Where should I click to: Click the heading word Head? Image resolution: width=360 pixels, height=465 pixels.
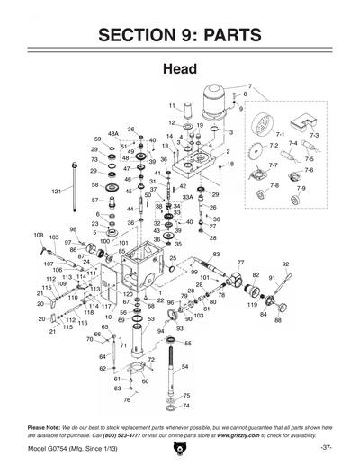point(180,69)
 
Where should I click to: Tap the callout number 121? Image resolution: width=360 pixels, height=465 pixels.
point(56,192)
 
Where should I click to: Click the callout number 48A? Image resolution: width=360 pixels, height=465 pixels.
point(113,132)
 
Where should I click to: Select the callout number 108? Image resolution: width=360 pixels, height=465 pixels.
point(38,236)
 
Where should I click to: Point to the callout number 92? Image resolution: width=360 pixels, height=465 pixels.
point(285,264)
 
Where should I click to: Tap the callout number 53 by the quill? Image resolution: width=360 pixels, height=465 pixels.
point(150,318)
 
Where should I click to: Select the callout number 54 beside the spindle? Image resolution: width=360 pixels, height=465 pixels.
point(184,367)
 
